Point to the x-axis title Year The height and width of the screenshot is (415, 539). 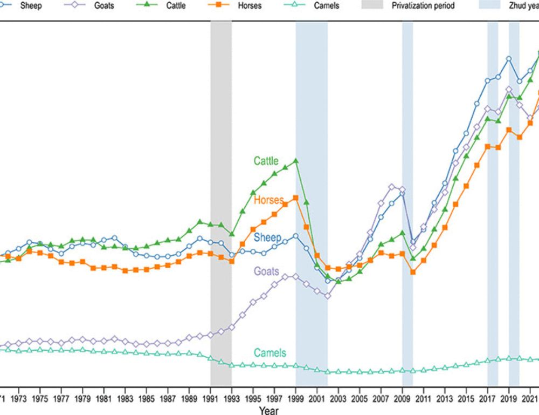(x=268, y=411)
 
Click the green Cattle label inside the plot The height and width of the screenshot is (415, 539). (x=266, y=161)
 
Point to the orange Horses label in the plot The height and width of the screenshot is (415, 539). (x=268, y=200)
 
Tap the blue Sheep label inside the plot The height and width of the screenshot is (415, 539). (x=267, y=237)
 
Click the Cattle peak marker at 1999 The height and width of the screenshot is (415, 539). (x=295, y=161)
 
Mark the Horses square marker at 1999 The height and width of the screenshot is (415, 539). (x=295, y=198)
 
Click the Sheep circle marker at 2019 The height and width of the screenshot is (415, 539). (x=508, y=58)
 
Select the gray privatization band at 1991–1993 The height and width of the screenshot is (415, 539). (x=221, y=205)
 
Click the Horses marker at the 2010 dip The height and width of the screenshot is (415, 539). (x=413, y=272)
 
